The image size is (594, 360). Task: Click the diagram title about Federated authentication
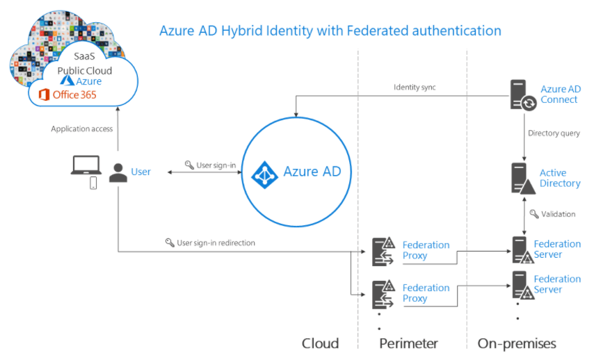pyautogui.click(x=330, y=31)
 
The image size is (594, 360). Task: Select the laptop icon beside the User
pyautogui.click(x=86, y=166)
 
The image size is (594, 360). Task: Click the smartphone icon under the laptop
pyautogui.click(x=93, y=183)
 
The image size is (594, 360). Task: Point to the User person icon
pyautogui.click(x=119, y=172)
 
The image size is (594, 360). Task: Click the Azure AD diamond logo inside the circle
pyautogui.click(x=264, y=172)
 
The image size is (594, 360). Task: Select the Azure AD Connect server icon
pyautogui.click(x=521, y=95)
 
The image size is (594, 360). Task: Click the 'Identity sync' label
pyautogui.click(x=415, y=87)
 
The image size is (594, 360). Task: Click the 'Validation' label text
pyautogui.click(x=558, y=214)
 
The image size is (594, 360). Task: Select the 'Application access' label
pyautogui.click(x=82, y=129)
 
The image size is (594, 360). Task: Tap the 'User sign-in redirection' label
pyautogui.click(x=216, y=243)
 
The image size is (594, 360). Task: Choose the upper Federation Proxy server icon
pyautogui.click(x=383, y=251)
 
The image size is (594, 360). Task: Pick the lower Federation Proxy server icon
pyautogui.click(x=383, y=293)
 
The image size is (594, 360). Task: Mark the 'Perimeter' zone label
pyautogui.click(x=408, y=343)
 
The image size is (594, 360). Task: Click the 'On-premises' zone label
pyautogui.click(x=517, y=343)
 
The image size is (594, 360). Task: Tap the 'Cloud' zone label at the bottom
pyautogui.click(x=320, y=343)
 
